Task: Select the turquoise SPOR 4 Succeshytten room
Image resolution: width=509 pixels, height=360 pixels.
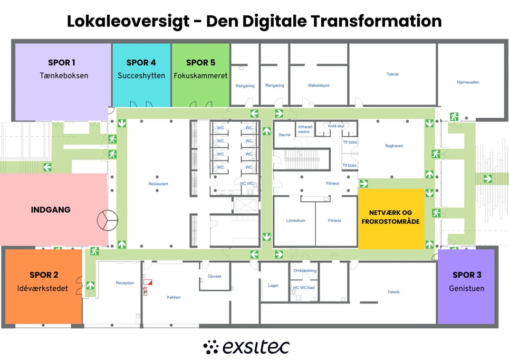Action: tap(141, 75)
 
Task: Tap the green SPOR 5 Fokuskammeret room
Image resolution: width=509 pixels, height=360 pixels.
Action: tap(200, 75)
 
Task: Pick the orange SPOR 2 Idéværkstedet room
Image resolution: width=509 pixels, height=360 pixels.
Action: tap(43, 287)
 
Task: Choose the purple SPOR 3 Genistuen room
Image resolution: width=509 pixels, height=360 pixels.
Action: tap(466, 287)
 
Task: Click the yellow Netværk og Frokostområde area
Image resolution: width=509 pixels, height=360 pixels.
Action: tap(391, 219)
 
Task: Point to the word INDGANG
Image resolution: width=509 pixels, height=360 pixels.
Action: tap(51, 210)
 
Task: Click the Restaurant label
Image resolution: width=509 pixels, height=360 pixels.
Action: tap(158, 184)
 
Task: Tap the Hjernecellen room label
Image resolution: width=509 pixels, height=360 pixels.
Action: tap(468, 82)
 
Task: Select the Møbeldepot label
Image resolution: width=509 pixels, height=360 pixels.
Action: tap(319, 86)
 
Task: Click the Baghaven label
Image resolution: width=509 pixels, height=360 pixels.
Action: tap(394, 146)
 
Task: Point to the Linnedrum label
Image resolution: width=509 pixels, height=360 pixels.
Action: tap(296, 221)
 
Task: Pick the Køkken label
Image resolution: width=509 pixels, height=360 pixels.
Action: tap(174, 297)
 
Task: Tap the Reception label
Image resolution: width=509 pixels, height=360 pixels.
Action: tap(125, 283)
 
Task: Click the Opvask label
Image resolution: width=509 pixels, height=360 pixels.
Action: tap(215, 277)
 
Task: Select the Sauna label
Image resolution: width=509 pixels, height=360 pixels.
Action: tap(284, 135)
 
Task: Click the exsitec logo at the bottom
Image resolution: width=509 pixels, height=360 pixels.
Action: tap(246, 347)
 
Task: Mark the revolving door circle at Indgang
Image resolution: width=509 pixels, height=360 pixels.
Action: tap(108, 220)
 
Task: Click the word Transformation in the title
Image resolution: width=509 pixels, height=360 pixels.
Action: tap(376, 21)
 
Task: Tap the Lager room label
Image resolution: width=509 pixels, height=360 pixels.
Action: tap(273, 286)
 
